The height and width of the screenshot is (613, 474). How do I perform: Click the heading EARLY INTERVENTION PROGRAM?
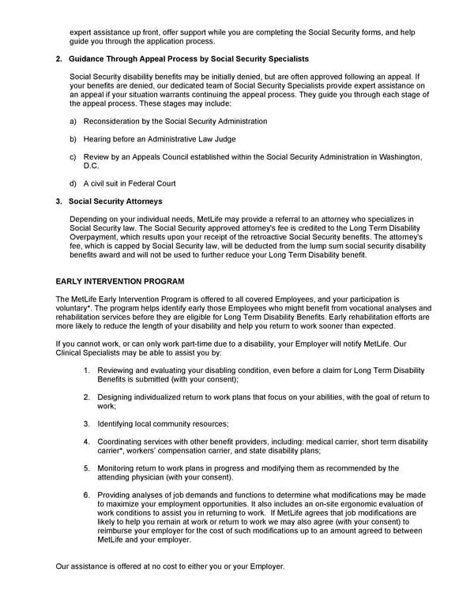(119, 280)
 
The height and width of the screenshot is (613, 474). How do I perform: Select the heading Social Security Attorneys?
(115, 201)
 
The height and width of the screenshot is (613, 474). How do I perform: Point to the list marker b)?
(73, 138)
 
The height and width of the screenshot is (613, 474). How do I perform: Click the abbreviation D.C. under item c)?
(92, 166)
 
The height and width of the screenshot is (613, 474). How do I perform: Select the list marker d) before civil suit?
(73, 183)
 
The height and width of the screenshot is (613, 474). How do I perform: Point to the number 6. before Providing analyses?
(87, 495)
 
